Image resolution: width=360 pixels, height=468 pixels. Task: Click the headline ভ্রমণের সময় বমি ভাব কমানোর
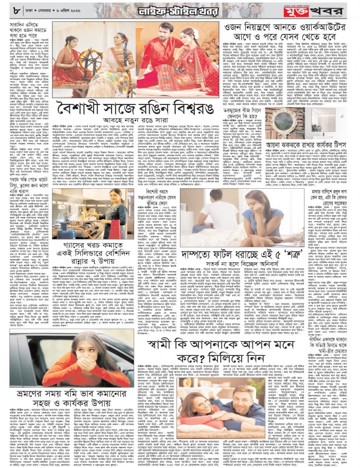pyautogui.click(x=69, y=395)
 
